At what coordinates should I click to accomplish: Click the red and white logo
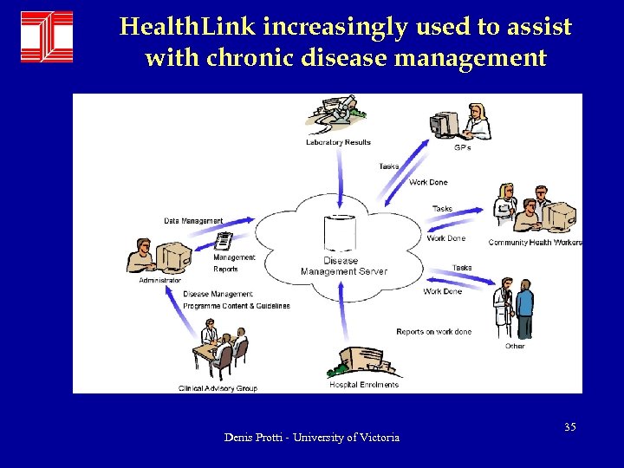(47, 36)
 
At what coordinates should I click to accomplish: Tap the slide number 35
(570, 427)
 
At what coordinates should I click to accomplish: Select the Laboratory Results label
(338, 142)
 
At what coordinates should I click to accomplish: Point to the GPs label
(463, 147)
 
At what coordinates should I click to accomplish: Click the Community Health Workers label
(535, 243)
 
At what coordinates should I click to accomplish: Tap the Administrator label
(160, 280)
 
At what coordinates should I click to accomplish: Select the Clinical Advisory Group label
(218, 388)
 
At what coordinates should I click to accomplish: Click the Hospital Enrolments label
(364, 385)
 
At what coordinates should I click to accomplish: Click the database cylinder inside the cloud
(340, 232)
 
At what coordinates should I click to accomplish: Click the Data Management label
(193, 221)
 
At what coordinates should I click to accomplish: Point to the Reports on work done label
(433, 332)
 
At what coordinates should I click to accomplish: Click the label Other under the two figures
(515, 346)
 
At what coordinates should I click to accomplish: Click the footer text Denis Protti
(312, 438)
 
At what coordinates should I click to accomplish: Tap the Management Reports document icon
(224, 242)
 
